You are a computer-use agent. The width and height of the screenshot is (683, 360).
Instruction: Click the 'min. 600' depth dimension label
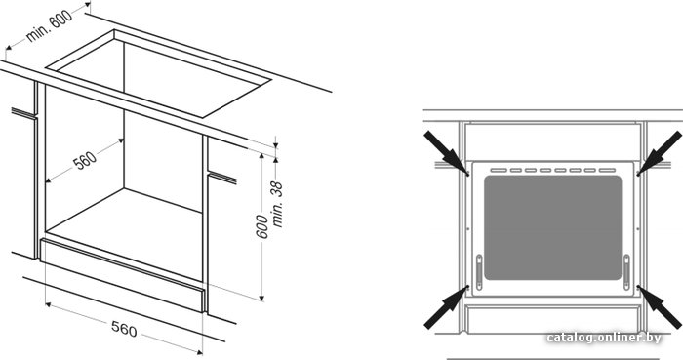49,25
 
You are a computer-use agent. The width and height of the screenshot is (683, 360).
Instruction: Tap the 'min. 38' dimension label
277,204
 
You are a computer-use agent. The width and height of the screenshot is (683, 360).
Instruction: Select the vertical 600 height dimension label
261,226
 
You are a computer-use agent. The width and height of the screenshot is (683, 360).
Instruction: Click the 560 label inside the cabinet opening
85,160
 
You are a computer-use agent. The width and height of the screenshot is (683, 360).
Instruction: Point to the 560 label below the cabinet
124,329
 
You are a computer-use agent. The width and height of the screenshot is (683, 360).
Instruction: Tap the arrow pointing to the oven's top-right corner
659,153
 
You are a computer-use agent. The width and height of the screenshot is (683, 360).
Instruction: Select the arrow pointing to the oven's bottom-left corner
447,307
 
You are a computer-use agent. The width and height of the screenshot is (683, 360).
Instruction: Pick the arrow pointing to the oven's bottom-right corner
659,307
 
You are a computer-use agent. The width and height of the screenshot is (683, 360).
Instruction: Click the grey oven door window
553,227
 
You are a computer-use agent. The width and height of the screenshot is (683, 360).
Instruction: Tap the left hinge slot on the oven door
479,272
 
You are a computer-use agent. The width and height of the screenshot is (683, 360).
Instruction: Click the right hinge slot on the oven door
626,272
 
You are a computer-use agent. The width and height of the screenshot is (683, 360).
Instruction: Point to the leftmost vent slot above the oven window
499,170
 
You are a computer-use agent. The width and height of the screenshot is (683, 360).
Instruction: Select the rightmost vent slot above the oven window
607,170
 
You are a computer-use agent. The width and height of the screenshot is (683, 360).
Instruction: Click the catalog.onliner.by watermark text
604,338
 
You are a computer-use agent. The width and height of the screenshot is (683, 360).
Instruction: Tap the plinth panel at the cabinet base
122,275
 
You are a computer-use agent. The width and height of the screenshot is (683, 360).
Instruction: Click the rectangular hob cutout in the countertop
159,73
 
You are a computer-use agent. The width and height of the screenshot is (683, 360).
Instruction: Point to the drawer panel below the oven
553,320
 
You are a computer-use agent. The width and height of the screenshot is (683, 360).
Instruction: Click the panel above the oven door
553,141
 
